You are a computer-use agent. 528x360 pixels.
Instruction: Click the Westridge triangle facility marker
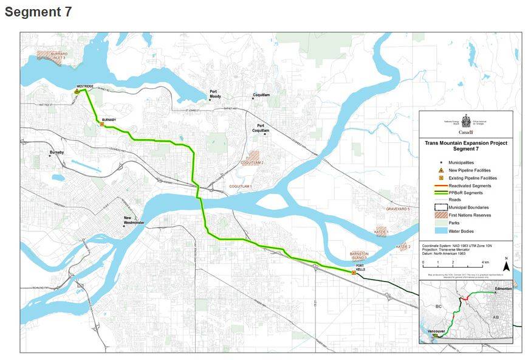[x=77, y=91]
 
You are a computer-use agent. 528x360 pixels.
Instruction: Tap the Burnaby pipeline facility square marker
[x=102, y=125]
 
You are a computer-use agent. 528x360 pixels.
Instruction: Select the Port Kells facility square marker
[x=354, y=273]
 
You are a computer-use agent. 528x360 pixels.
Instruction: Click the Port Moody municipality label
[x=216, y=94]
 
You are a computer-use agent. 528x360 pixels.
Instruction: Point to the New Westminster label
[x=134, y=220]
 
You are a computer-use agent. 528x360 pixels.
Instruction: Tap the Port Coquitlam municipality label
[x=261, y=128]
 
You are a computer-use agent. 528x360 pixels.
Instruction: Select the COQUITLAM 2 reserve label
[x=252, y=163]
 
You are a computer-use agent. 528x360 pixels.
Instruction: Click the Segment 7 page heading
[x=38, y=12]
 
